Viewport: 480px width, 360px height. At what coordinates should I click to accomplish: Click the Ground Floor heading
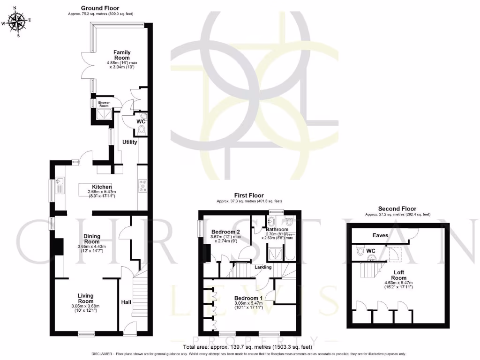[100, 8]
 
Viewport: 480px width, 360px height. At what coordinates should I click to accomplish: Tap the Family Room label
[121, 55]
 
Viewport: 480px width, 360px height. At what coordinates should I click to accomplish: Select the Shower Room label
[103, 104]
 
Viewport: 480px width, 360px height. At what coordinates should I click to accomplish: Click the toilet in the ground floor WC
[142, 129]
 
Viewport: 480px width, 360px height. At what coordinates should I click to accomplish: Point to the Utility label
[130, 142]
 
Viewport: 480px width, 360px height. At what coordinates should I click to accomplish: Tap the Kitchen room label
[102, 187]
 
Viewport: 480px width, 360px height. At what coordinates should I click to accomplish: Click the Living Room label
[85, 299]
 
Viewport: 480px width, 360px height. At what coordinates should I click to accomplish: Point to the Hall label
[126, 302]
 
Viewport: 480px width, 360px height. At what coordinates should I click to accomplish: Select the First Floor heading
[249, 195]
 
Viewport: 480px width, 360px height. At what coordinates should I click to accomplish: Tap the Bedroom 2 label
[225, 232]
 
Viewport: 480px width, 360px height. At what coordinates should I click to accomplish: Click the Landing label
[263, 267]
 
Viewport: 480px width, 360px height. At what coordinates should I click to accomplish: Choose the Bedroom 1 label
[248, 298]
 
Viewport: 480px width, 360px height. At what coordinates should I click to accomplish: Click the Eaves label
[380, 235]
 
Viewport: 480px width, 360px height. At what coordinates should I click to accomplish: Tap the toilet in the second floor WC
[360, 251]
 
